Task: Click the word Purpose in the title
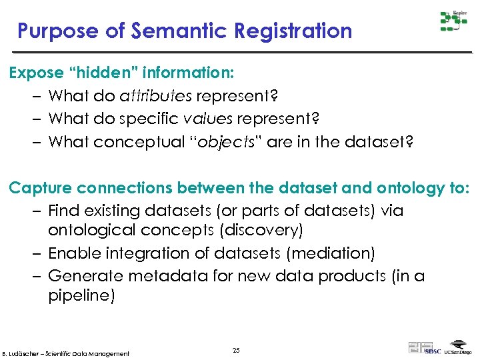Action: (x=55, y=31)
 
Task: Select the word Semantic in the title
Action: (x=163, y=31)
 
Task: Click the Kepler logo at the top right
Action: (x=453, y=21)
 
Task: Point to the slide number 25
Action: (x=236, y=349)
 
